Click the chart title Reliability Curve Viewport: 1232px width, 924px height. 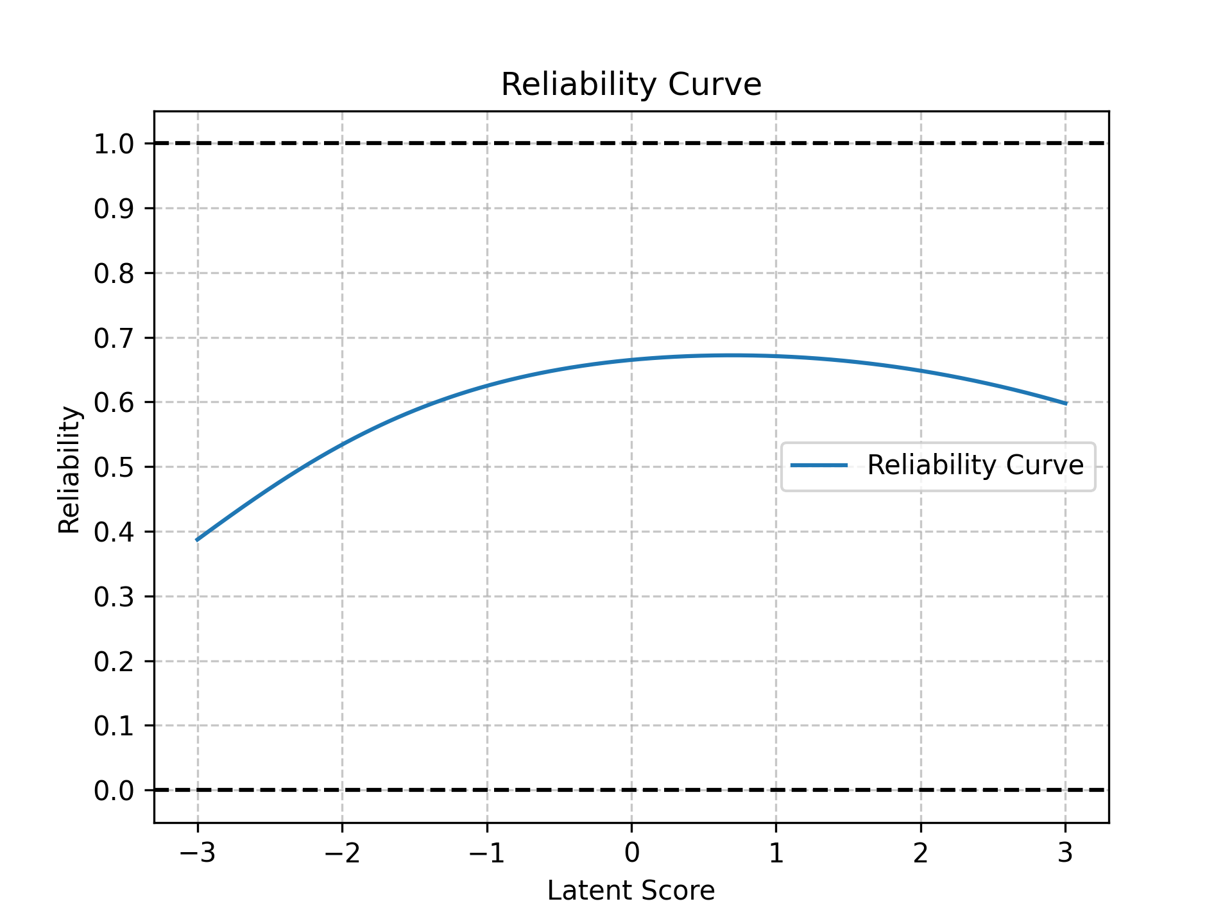(x=631, y=85)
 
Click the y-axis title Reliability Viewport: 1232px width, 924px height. (x=69, y=470)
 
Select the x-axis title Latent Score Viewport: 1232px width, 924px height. (x=631, y=891)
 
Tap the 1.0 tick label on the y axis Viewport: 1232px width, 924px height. (x=114, y=144)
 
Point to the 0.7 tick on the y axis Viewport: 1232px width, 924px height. (x=114, y=338)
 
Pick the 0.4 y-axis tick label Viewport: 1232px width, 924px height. (x=114, y=532)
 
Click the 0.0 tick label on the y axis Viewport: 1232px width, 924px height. (x=114, y=791)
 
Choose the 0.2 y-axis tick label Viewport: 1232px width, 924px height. (x=114, y=662)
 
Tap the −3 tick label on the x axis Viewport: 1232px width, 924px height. (x=197, y=853)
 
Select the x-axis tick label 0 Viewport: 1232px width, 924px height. (x=631, y=853)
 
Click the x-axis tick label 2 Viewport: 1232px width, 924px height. (x=921, y=853)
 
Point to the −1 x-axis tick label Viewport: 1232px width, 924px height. (x=486, y=853)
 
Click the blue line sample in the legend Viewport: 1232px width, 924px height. (x=819, y=465)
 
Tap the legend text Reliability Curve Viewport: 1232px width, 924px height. (x=975, y=465)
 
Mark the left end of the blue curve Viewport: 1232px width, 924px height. (x=197, y=540)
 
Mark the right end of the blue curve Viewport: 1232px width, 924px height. (x=1066, y=404)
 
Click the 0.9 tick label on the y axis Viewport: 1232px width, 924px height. (x=114, y=209)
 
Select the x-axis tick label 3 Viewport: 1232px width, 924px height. (x=1066, y=853)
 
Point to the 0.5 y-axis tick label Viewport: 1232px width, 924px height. (x=114, y=467)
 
